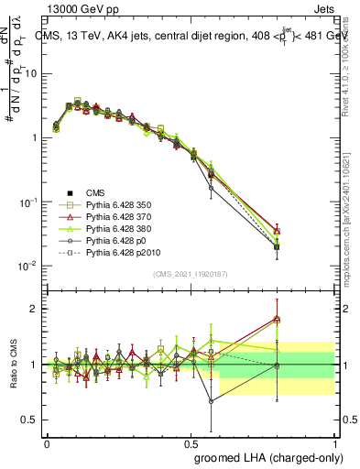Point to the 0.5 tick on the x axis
tap(191, 442)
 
